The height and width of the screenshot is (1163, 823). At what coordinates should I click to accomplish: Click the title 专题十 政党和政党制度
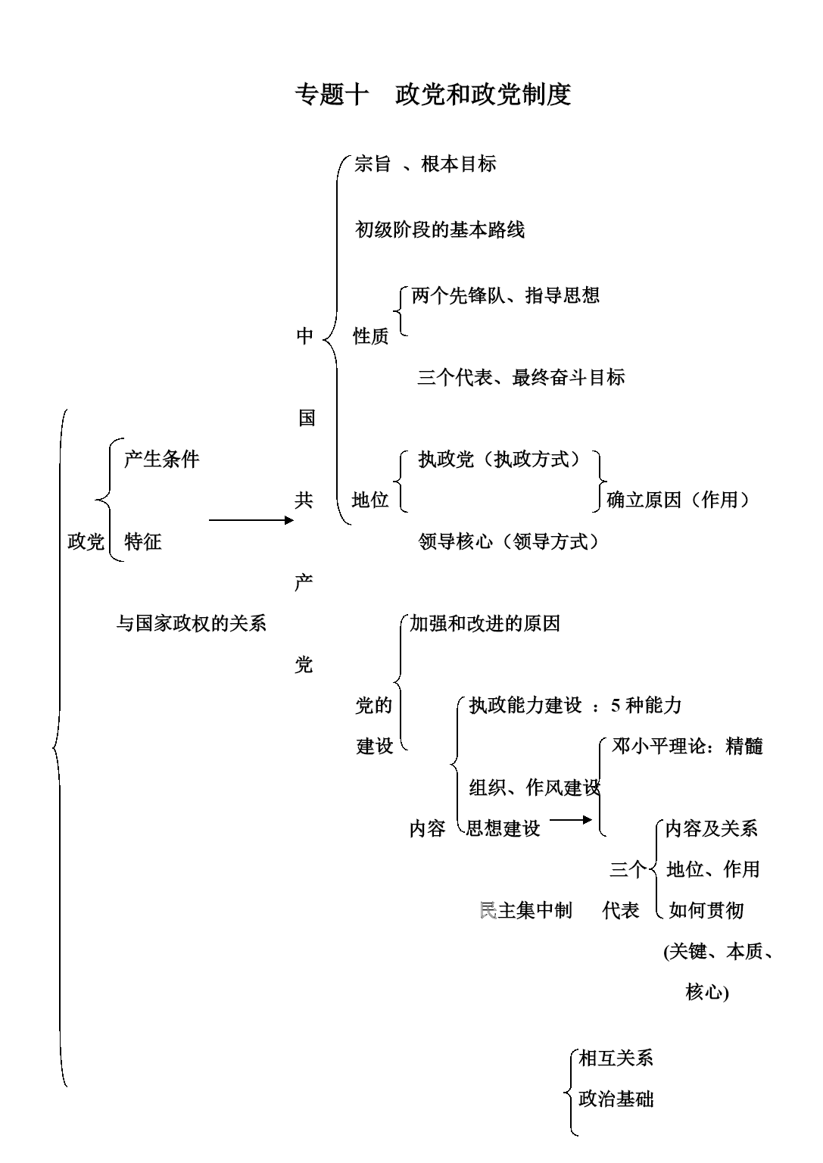click(432, 95)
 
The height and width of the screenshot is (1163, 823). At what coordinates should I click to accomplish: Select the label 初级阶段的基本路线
click(440, 229)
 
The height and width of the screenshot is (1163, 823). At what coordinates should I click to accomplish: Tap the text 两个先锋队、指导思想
click(505, 295)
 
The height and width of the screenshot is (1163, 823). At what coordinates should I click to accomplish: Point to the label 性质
click(371, 336)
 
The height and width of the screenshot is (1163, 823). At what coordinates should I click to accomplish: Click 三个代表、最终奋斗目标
click(521, 377)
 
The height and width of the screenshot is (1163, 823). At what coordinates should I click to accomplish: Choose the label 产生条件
click(161, 459)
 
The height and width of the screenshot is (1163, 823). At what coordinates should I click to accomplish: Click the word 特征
click(143, 541)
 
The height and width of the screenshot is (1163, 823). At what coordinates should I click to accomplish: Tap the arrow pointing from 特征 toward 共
click(250, 520)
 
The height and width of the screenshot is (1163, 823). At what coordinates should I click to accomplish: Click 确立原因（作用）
click(678, 500)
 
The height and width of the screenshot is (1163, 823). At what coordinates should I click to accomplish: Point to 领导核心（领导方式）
click(509, 541)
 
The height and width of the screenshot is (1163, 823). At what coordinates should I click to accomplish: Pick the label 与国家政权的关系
click(191, 623)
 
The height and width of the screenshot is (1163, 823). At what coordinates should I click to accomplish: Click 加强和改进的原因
click(485, 623)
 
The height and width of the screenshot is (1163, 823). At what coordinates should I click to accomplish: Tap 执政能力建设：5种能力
click(575, 706)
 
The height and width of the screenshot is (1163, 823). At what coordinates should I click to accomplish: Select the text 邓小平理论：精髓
click(687, 746)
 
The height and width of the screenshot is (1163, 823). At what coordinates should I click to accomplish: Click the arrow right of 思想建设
click(570, 819)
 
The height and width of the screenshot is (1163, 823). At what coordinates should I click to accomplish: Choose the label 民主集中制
click(525, 910)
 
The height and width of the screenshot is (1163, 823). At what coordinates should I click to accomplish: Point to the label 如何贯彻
click(706, 910)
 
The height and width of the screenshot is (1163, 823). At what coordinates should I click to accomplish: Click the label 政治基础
click(616, 1099)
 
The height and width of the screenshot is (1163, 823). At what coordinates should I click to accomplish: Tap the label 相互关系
click(616, 1058)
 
